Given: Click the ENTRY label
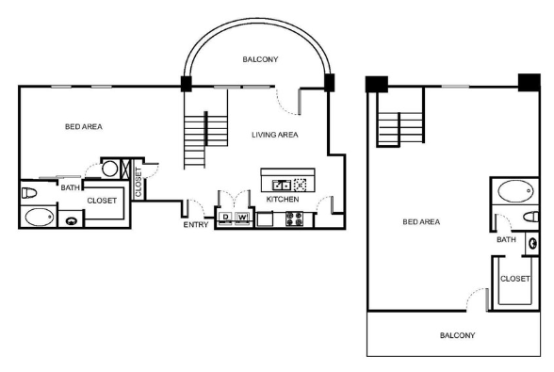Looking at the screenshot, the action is [x=196, y=225].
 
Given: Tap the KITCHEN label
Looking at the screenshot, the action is [x=283, y=200].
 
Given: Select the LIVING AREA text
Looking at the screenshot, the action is [x=275, y=135].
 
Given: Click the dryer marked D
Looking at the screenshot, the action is [x=225, y=218].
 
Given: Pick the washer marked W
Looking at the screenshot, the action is [x=242, y=218].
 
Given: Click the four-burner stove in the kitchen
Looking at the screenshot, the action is [x=294, y=218].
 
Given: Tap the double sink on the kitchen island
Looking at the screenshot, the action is [x=281, y=185].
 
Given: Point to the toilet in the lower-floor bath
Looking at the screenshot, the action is [x=29, y=193].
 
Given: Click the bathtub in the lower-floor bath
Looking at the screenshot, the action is [x=40, y=217].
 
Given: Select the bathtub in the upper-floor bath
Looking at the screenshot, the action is [x=515, y=191].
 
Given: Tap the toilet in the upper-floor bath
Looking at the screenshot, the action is [x=531, y=217].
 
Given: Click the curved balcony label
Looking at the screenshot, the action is [x=260, y=59].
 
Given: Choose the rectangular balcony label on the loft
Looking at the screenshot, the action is [x=457, y=335].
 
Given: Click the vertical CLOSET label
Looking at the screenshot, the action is [x=138, y=182].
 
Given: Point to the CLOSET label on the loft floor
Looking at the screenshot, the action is [x=515, y=279].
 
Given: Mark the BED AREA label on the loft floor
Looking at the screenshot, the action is [x=421, y=222].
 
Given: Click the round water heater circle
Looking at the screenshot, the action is [x=109, y=169].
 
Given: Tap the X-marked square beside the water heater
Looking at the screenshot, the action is [x=125, y=170].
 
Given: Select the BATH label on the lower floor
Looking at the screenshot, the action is [x=71, y=187].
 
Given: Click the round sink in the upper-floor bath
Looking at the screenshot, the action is [x=533, y=243].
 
